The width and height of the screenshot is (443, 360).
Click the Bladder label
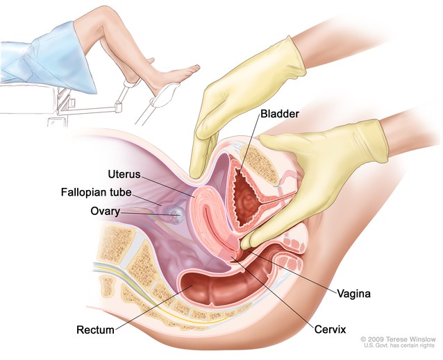(x=280, y=114)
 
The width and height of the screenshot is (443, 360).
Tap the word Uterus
(x=124, y=174)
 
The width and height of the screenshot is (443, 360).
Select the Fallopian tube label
(x=97, y=192)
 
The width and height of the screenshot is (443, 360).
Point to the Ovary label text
(x=105, y=211)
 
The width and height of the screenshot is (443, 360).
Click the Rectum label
(x=96, y=329)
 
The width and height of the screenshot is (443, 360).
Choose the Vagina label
(x=353, y=294)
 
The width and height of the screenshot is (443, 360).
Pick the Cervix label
(x=330, y=329)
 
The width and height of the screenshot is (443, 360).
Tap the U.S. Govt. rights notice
(x=399, y=345)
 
